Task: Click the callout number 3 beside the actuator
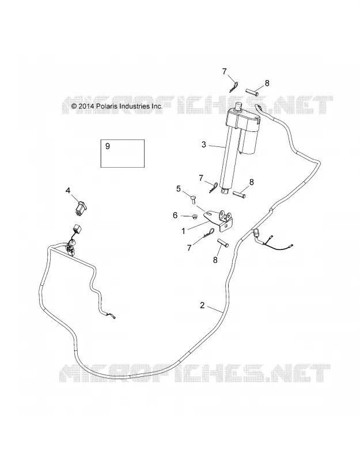click(204, 145)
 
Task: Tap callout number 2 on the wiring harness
click(202, 305)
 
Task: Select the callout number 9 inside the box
click(108, 146)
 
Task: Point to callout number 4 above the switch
click(68, 191)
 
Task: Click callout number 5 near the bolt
click(179, 189)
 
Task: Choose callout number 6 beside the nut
click(175, 216)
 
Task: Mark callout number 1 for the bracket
click(183, 232)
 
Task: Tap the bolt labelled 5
click(194, 201)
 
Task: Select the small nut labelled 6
click(194, 217)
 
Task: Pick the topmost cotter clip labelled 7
click(233, 86)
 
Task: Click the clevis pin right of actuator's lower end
click(238, 195)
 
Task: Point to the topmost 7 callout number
click(225, 71)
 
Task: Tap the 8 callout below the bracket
click(215, 260)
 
